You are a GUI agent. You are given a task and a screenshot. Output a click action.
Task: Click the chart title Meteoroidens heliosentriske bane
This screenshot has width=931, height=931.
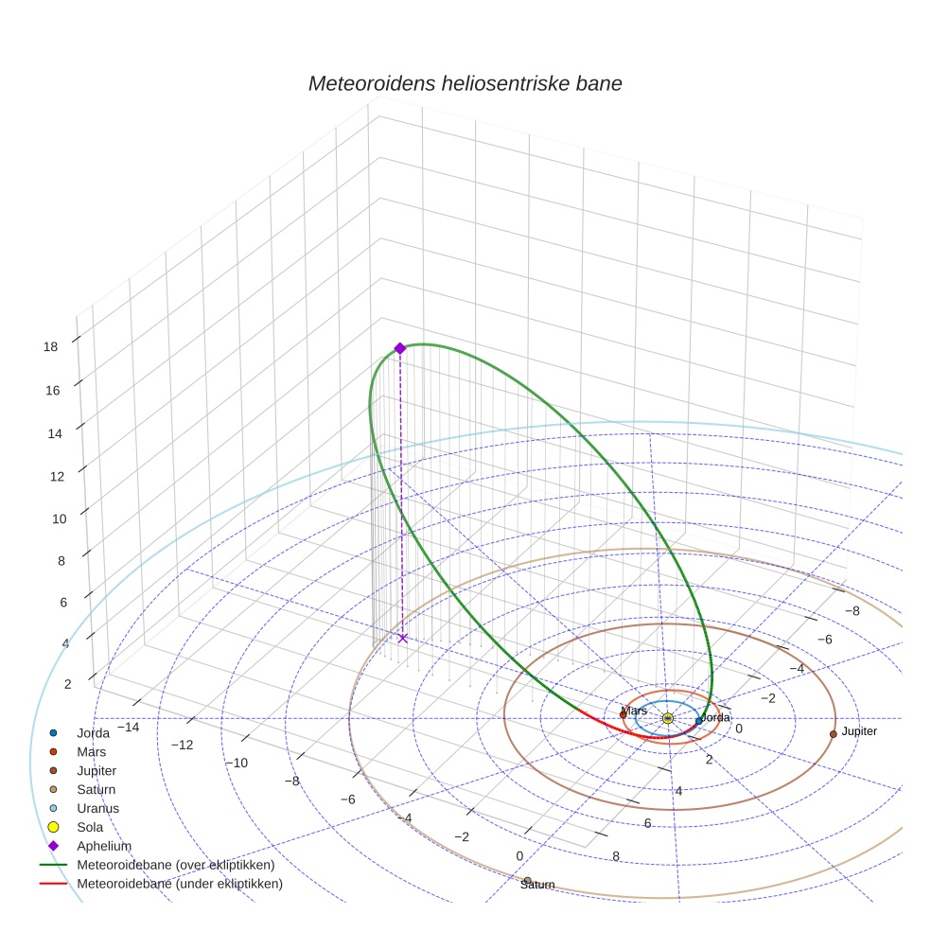[x=465, y=83]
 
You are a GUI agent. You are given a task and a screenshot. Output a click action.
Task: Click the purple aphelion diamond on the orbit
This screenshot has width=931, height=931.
[x=399, y=348]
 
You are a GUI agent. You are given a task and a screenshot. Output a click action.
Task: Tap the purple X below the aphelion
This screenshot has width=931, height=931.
[x=402, y=638]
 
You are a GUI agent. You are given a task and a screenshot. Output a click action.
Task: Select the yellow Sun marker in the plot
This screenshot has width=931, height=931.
[x=667, y=719]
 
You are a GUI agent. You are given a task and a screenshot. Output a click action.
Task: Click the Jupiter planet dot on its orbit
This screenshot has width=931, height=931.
[x=833, y=733]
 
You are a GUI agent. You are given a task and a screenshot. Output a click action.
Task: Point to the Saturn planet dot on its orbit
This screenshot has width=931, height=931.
[x=527, y=881]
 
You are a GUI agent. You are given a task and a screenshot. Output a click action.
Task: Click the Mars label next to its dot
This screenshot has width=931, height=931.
[x=634, y=711]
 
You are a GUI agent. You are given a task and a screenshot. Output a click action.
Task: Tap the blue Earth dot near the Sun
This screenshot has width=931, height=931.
[x=699, y=721]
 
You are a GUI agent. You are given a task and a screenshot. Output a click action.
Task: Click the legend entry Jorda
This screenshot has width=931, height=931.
[x=93, y=733]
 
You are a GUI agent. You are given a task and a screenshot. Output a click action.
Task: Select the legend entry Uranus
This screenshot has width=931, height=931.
[x=97, y=809]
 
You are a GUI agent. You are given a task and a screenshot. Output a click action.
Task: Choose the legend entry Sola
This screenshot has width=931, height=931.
[x=90, y=828]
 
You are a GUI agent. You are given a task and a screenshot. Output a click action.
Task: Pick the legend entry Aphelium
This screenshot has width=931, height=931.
[x=103, y=847]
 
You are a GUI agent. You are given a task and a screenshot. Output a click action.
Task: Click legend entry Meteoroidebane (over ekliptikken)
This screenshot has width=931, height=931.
[x=175, y=866]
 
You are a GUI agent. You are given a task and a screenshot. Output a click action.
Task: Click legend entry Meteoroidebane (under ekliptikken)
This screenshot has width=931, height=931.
[x=179, y=885]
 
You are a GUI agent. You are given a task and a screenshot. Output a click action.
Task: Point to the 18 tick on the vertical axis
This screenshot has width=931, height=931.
[x=51, y=346]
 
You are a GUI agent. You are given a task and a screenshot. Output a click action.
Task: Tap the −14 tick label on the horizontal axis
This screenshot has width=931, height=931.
[x=128, y=726]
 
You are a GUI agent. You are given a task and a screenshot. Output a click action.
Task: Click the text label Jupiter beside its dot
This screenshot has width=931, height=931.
[x=859, y=731]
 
